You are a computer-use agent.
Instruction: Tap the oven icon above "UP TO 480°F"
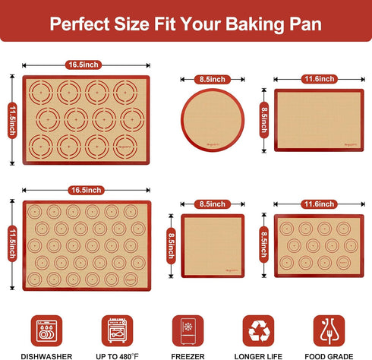(x=117, y=330)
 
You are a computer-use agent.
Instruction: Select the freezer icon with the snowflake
(x=187, y=330)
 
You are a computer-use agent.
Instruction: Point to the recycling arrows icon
(x=258, y=330)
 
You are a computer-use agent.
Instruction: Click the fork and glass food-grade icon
(x=327, y=330)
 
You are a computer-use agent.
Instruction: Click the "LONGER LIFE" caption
(x=258, y=354)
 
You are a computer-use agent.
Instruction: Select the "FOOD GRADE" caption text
(x=327, y=354)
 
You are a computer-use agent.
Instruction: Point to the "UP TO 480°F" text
(x=117, y=354)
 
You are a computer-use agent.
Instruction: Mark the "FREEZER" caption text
(x=187, y=354)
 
